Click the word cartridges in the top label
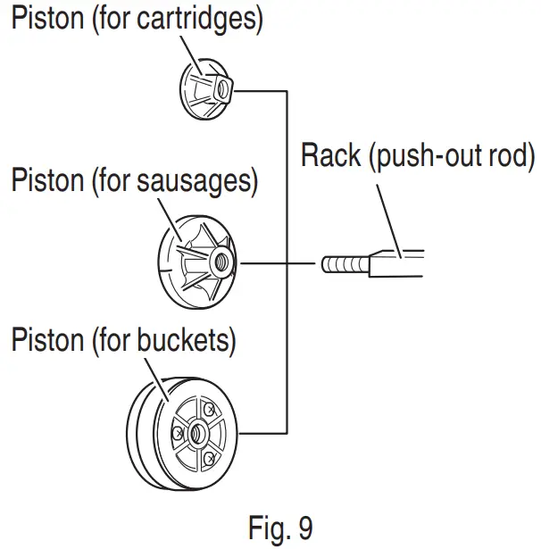click(x=196, y=20)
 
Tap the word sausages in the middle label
click(x=195, y=181)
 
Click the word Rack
click(x=331, y=155)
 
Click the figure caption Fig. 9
click(x=280, y=528)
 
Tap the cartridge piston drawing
click(x=206, y=89)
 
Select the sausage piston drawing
click(x=197, y=262)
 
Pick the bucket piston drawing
click(x=182, y=434)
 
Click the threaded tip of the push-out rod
click(x=345, y=265)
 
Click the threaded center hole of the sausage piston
click(x=221, y=262)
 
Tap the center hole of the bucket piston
click(x=197, y=434)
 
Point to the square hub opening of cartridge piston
click(x=223, y=88)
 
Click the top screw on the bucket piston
click(x=209, y=409)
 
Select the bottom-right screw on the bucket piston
click(x=210, y=458)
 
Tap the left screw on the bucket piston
click(x=178, y=434)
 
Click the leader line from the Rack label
click(x=388, y=221)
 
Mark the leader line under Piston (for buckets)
click(x=157, y=380)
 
